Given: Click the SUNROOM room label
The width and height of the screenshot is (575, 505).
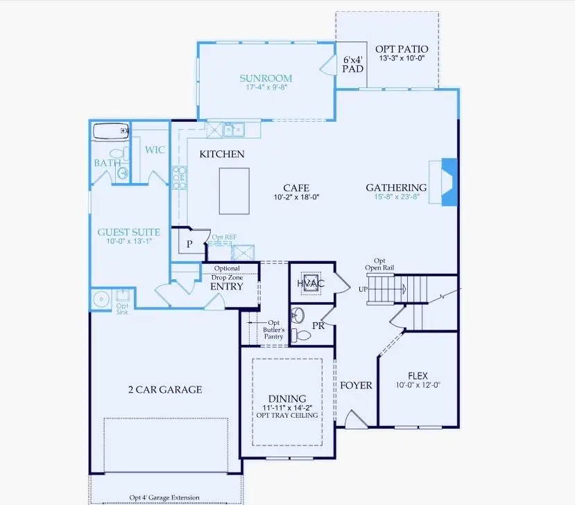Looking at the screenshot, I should click(266, 78).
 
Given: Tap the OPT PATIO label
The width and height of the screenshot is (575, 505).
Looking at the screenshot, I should click(401, 49).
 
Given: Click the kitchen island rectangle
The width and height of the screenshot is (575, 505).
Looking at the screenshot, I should click(234, 191).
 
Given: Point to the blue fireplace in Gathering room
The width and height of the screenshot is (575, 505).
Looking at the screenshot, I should click(449, 182).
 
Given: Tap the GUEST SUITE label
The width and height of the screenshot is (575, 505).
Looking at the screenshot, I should click(128, 233).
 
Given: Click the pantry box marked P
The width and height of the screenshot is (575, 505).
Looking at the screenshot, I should click(189, 245).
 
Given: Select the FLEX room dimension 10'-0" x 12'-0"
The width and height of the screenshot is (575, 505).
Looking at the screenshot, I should click(418, 385).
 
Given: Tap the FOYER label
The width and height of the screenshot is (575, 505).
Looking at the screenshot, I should click(355, 385).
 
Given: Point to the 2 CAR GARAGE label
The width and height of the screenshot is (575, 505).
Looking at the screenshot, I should click(164, 389).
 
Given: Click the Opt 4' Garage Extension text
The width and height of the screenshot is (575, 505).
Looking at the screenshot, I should click(164, 497).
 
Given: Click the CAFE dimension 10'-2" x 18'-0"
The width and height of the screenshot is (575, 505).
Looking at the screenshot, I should click(295, 197).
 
